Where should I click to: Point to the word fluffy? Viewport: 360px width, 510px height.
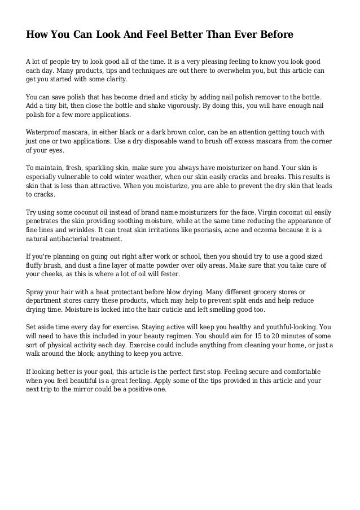tap(37, 264)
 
